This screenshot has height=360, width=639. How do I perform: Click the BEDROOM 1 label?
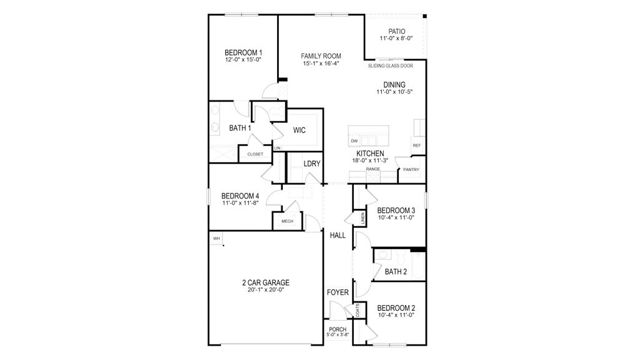click(243, 52)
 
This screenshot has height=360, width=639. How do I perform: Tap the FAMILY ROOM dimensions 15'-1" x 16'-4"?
click(321, 64)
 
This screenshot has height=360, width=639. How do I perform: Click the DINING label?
click(394, 85)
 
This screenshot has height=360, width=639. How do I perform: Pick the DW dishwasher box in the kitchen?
click(354, 141)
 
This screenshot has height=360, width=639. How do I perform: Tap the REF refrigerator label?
click(416, 145)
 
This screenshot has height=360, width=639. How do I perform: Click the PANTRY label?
click(411, 170)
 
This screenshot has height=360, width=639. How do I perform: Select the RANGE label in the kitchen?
click(373, 169)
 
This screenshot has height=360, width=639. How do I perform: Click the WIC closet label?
click(299, 130)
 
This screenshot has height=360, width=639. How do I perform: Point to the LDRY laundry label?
click(312, 164)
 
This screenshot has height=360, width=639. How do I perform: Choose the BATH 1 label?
click(240, 129)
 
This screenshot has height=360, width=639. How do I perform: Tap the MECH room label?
click(287, 221)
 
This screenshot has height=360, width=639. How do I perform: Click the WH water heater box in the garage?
click(216, 238)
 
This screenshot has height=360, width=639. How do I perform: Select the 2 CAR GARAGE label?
click(266, 283)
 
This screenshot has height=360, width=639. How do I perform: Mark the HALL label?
click(338, 235)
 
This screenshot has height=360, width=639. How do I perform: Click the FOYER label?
click(337, 292)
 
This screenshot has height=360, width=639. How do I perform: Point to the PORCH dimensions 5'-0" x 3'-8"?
click(338, 336)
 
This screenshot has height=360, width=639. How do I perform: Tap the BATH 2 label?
click(396, 271)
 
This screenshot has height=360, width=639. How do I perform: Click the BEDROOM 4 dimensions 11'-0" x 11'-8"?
click(240, 203)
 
